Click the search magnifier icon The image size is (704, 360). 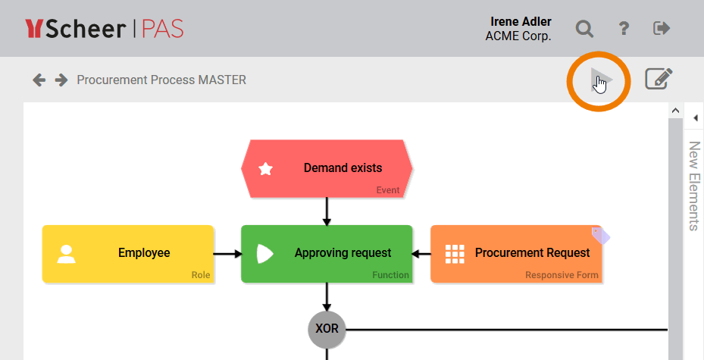tap(584, 29)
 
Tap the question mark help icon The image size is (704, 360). tap(624, 29)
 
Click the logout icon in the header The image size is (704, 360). tap(662, 29)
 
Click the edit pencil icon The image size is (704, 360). tap(659, 79)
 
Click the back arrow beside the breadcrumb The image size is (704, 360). tap(39, 80)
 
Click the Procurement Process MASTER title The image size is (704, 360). tap(161, 80)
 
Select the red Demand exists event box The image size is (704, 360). tap(327, 168)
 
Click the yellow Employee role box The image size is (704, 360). tap(128, 253)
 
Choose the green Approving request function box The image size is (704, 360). tap(327, 253)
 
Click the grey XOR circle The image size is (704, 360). tap(327, 329)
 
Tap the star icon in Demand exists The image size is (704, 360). tap(266, 169)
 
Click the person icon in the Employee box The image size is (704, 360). tap(67, 253)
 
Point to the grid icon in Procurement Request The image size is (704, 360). tap(455, 253)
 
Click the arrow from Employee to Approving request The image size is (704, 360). tap(227, 254)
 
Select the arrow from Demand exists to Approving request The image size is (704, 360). tap(327, 211)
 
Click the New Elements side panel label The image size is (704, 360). tap(693, 186)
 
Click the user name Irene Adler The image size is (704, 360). tap(521, 21)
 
